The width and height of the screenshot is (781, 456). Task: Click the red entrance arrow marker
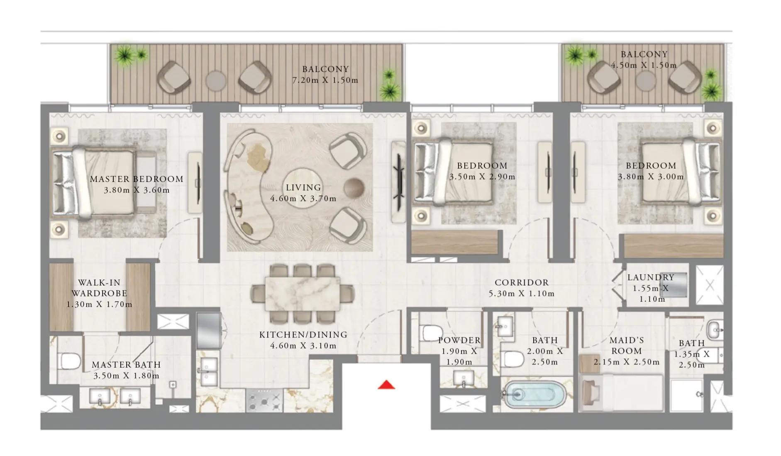(386, 385)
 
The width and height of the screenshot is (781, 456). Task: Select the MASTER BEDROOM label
(137, 179)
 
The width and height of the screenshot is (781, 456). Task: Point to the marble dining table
(303, 293)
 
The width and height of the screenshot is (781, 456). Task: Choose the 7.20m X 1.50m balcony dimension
(325, 80)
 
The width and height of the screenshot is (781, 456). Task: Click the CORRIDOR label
(521, 283)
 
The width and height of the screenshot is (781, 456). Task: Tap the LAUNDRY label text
(650, 277)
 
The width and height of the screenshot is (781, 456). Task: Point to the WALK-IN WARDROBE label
(99, 288)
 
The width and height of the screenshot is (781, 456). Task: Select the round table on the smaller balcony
(646, 80)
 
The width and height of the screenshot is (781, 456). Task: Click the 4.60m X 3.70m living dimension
(303, 199)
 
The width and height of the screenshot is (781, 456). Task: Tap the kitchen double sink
(208, 371)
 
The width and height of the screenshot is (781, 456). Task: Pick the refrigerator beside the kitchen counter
(208, 330)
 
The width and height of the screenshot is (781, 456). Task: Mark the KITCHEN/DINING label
(303, 335)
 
